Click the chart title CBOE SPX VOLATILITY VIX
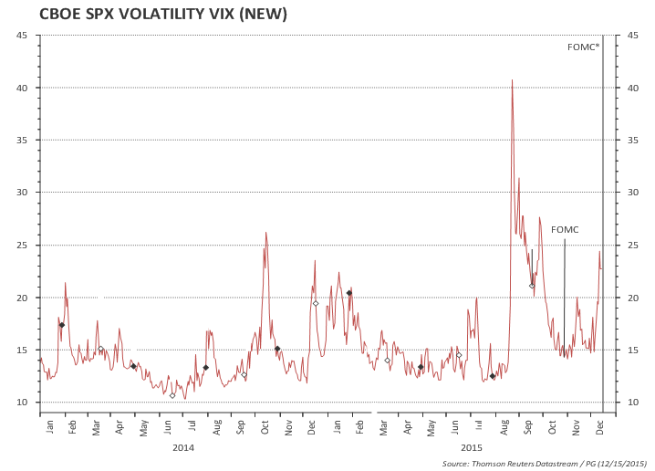[151, 14]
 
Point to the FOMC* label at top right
[584, 47]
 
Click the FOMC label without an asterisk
[565, 230]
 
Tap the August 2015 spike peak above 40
[512, 79]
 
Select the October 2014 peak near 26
[265, 233]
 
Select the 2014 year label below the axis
[183, 447]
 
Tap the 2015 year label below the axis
[472, 447]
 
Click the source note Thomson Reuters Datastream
[546, 464]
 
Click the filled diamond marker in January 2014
[62, 325]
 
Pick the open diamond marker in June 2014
[172, 395]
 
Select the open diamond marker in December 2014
[316, 303]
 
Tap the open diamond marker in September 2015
[532, 286]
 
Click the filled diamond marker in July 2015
[493, 376]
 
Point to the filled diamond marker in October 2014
[277, 349]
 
